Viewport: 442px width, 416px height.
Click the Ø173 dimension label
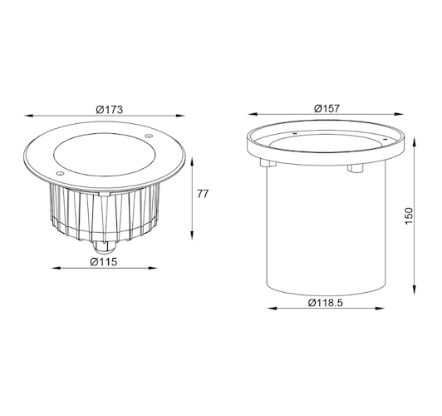(110, 109)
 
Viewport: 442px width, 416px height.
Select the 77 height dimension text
(202, 194)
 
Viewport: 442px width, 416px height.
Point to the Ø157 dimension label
(329, 109)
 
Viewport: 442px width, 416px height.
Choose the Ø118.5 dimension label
(325, 302)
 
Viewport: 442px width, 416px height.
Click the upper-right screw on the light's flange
(149, 136)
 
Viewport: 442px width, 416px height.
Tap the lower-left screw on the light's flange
(59, 172)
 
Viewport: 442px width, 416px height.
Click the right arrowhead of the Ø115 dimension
(155, 268)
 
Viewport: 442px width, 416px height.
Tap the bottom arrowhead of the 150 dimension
(414, 291)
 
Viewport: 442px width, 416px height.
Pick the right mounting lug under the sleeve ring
(356, 168)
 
